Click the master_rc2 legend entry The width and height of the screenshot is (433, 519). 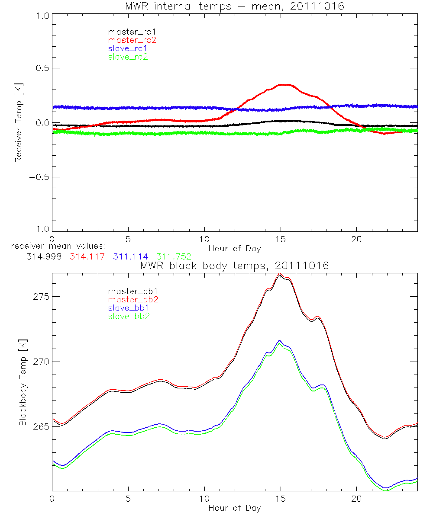132,40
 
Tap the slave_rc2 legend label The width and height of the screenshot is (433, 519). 128,57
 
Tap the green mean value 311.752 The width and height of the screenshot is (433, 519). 174,257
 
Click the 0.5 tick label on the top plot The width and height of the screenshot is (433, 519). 42,68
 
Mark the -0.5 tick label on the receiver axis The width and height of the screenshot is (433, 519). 40,177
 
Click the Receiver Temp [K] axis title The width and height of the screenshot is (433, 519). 18,122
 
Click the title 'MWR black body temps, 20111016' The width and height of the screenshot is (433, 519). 235,266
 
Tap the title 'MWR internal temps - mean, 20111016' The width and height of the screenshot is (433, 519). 235,6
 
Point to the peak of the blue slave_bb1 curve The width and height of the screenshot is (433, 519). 280,340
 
